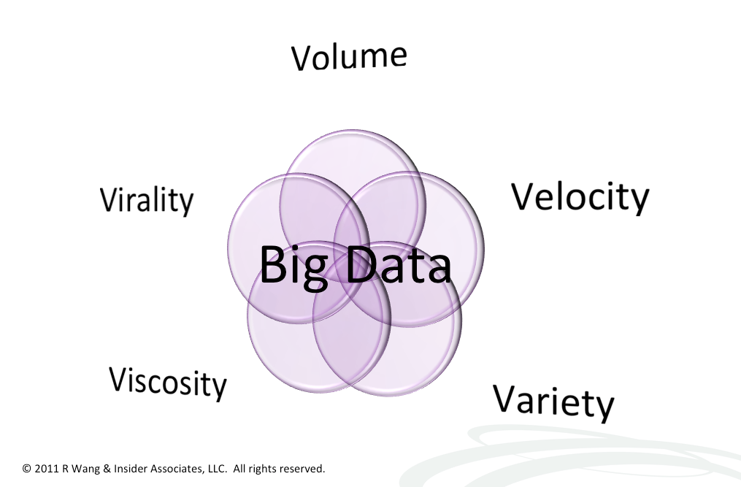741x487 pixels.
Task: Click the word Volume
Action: tap(349, 57)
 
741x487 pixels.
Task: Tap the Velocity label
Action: tap(580, 197)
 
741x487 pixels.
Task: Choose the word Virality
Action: tap(147, 201)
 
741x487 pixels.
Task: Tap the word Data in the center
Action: tap(399, 265)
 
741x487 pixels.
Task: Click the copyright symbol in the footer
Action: tap(26, 469)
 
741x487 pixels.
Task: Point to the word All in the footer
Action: tap(239, 469)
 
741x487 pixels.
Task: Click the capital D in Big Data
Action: tap(362, 265)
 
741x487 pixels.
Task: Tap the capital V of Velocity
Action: tap(525, 196)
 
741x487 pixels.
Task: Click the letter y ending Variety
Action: tap(604, 407)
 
